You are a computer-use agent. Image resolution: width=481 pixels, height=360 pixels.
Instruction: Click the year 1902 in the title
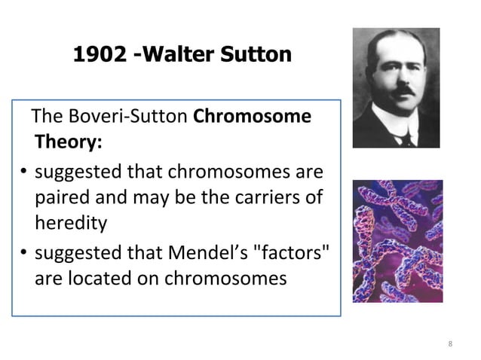[97, 55]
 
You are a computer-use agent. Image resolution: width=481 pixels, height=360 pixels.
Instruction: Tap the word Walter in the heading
[173, 55]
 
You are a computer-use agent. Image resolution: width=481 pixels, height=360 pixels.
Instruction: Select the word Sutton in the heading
[247, 55]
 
